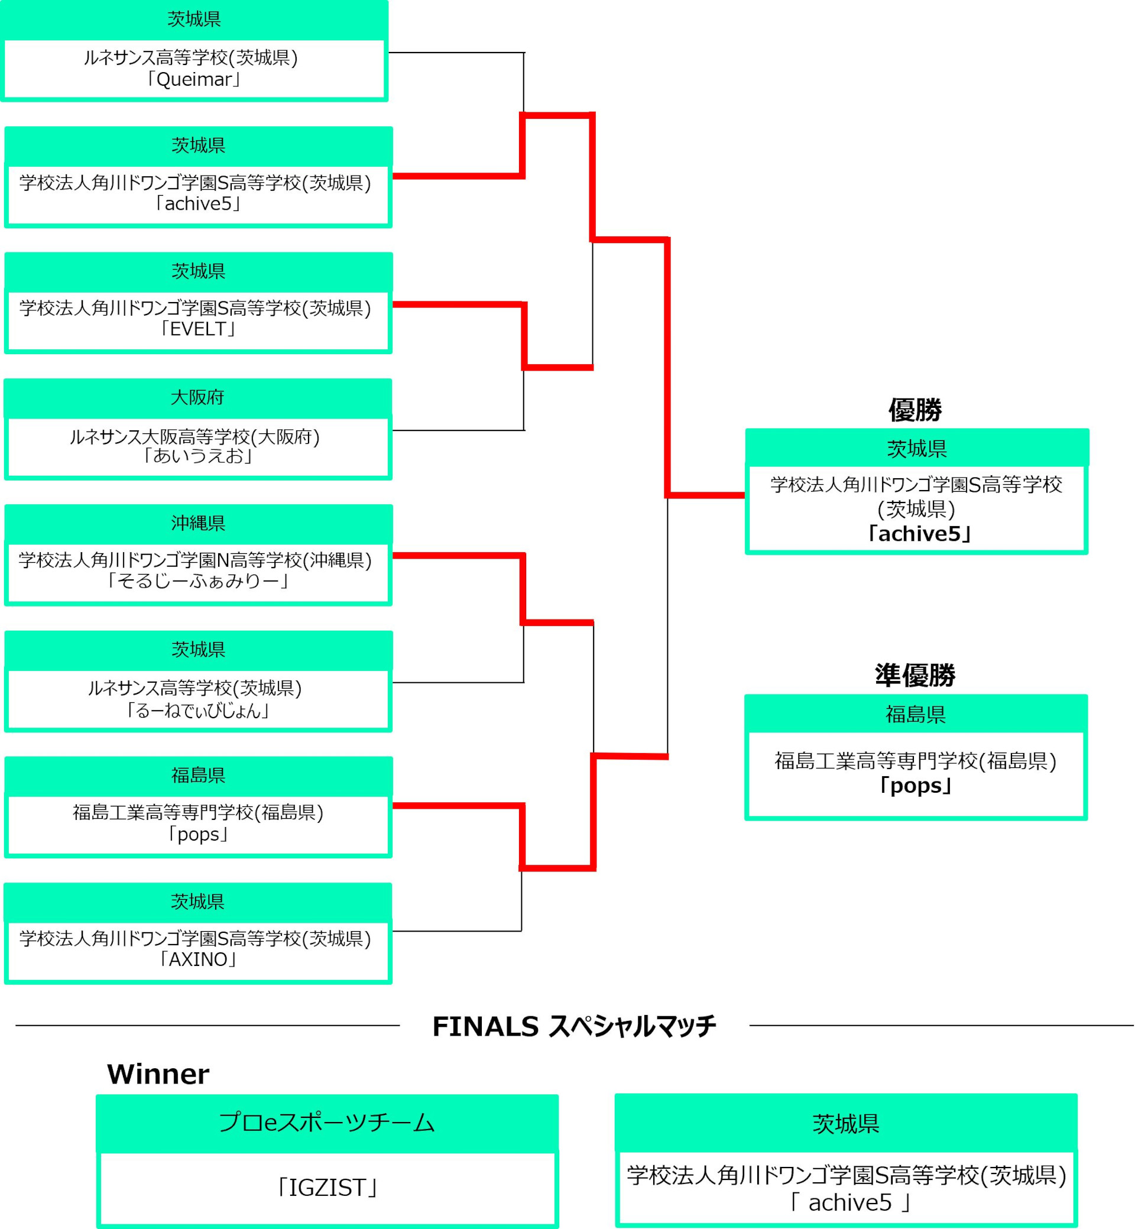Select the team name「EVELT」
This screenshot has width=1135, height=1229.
[x=198, y=329]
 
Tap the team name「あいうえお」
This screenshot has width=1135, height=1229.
[x=198, y=456]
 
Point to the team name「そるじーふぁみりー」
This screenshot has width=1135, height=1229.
[x=198, y=581]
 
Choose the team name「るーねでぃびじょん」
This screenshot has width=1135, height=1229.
[x=198, y=711]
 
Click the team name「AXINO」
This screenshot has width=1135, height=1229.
[x=198, y=959]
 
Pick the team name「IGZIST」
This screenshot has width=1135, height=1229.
[x=327, y=1188]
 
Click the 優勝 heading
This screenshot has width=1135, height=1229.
[x=915, y=410]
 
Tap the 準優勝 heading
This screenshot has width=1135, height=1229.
[x=915, y=676]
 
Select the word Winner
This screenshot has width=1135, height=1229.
[x=158, y=1074]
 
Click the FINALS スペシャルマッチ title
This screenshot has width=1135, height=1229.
[x=573, y=1026]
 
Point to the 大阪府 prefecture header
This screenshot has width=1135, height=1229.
[x=197, y=397]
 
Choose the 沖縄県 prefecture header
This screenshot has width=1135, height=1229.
[x=198, y=523]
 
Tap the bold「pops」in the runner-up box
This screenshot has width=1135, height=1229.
[x=916, y=786]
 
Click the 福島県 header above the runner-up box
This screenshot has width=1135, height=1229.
[x=916, y=714]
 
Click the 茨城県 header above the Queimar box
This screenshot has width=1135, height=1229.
[x=194, y=20]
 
